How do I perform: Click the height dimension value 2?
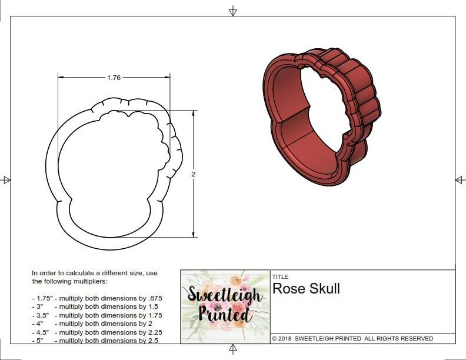193,174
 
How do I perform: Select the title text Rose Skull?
306,289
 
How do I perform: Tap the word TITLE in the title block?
280,276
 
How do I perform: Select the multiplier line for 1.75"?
97,298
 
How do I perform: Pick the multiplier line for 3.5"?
97,315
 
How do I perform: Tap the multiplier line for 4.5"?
97,332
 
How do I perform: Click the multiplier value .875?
154,298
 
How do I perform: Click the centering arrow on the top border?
233,11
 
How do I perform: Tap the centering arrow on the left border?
6,179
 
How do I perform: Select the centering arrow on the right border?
460,179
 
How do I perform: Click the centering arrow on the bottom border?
233,350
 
